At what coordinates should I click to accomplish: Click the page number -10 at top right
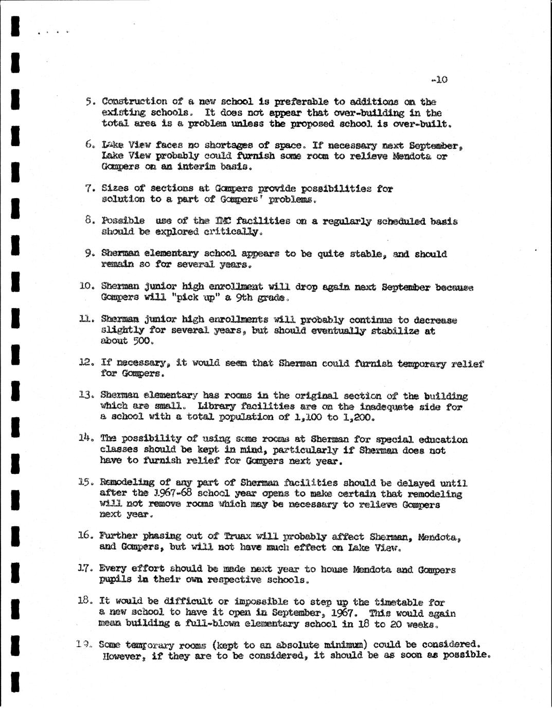pos(440,80)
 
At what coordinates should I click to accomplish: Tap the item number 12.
pos(85,363)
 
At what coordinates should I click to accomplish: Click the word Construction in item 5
pos(134,101)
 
